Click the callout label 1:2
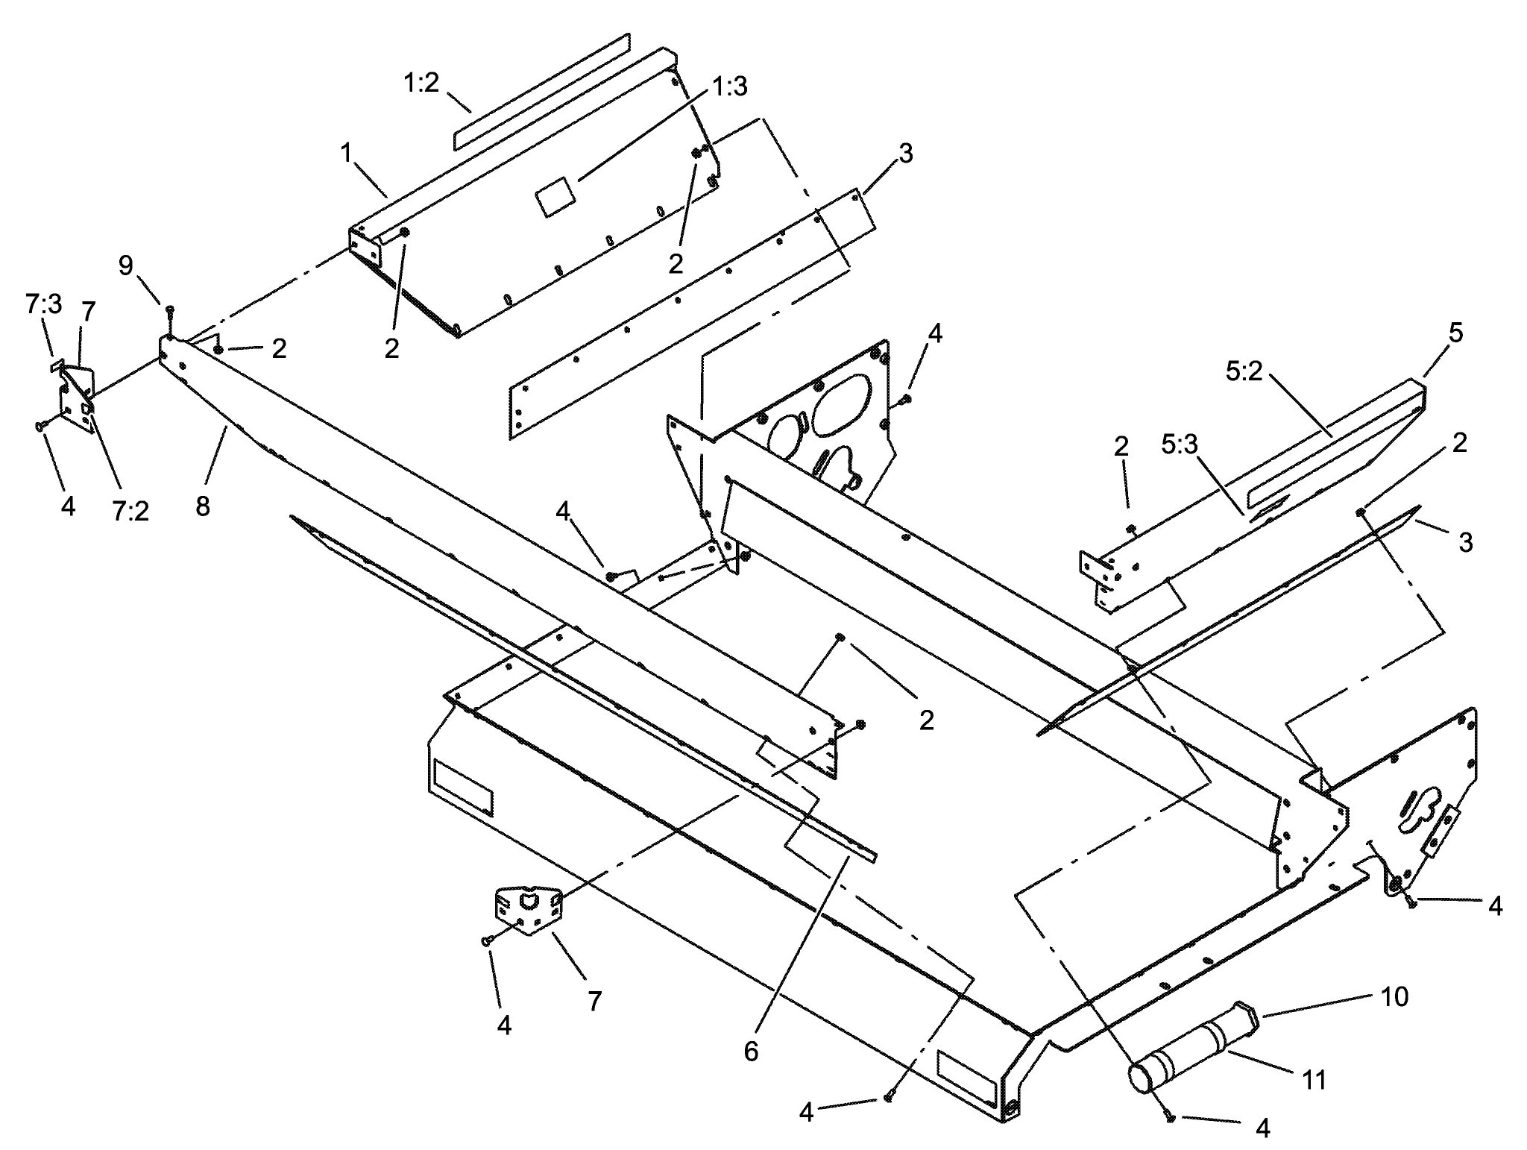421,84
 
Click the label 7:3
44,305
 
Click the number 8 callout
203,506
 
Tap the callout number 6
751,1052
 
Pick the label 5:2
1243,371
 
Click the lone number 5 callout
1455,333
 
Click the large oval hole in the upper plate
840,403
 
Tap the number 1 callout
345,153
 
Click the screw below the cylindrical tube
1170,1117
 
